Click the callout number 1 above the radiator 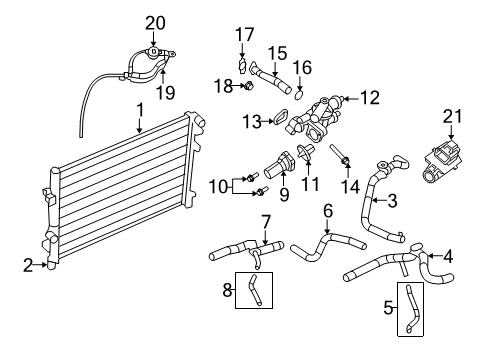tap(141, 110)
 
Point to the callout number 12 tap(370, 98)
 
